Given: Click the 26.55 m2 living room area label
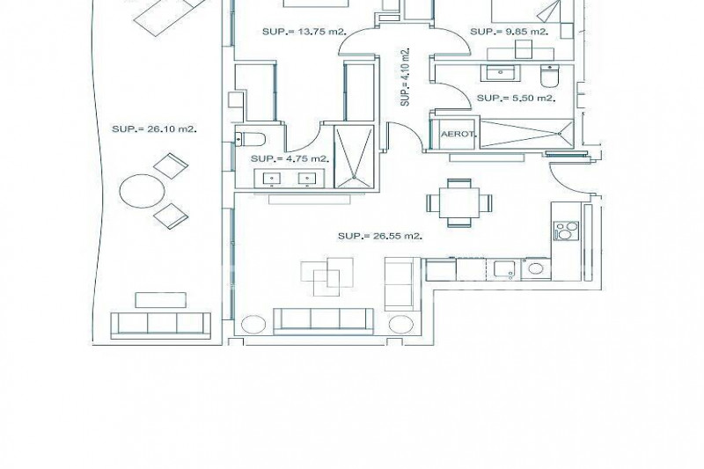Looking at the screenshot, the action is (380, 236).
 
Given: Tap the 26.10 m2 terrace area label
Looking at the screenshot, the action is (154, 129).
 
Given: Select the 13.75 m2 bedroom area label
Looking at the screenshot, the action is (304, 32).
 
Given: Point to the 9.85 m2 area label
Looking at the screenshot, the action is (510, 32).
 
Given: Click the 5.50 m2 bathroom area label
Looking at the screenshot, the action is (516, 98).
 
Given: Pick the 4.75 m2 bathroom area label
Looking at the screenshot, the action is (290, 158).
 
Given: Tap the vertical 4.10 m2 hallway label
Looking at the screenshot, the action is (406, 77).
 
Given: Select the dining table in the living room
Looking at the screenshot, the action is (459, 202).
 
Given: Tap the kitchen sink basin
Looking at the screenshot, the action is (502, 269).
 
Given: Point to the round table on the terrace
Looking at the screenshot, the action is (142, 191).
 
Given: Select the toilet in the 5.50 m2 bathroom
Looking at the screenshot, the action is (549, 77).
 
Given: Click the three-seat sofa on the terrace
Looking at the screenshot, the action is (160, 326).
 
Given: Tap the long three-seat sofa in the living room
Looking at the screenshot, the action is (323, 321).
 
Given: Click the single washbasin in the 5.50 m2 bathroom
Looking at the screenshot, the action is (500, 73).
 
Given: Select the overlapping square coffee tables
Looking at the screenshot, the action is (326, 277).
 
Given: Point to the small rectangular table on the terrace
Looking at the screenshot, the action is (160, 300).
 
